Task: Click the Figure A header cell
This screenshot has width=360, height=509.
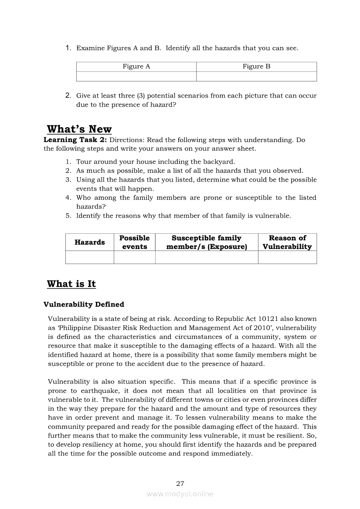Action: [136, 67]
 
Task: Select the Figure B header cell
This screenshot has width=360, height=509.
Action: [256, 67]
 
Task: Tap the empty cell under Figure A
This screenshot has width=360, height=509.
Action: [136, 77]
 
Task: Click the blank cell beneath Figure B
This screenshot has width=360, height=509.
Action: [256, 77]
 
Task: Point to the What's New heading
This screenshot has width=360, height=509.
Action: [79, 129]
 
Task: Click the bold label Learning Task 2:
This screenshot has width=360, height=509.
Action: [75, 140]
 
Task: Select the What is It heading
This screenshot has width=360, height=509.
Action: [71, 284]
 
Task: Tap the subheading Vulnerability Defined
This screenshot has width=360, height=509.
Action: [84, 304]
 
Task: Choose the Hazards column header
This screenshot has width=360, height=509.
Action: [90, 243]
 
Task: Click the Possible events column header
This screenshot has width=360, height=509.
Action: [135, 243]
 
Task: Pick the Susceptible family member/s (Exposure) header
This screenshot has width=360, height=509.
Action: [207, 243]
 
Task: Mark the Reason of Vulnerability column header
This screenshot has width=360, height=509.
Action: [287, 243]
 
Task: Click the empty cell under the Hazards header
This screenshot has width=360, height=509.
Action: [90, 258]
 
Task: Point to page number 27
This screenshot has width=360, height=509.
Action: [180, 483]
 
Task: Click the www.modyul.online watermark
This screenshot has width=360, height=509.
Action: [180, 494]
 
